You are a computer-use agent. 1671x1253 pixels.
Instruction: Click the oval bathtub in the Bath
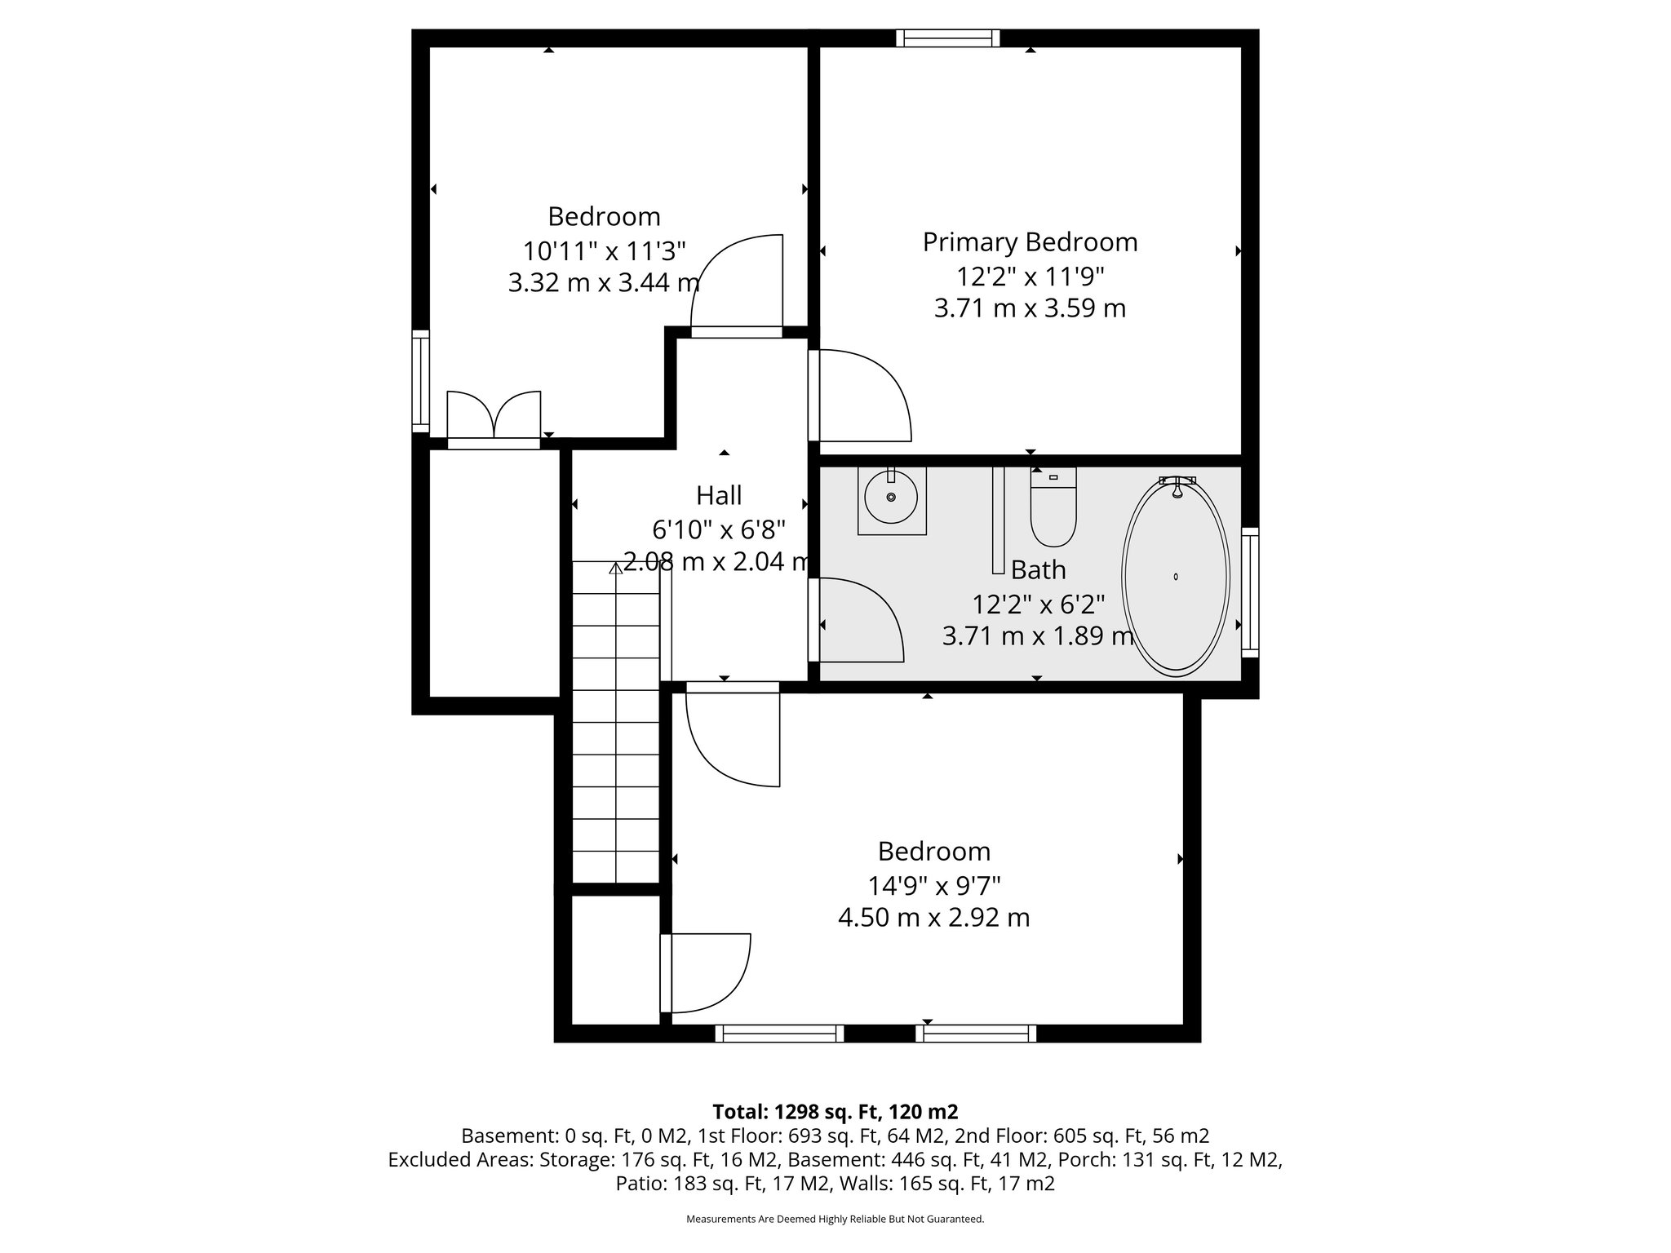click(1175, 577)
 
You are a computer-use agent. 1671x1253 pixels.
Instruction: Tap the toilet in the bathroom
click(1053, 511)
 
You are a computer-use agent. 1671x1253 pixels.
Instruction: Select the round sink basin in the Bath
click(891, 497)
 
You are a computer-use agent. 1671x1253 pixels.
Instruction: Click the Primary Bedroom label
click(1030, 242)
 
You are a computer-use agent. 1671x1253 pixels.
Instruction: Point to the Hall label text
click(719, 495)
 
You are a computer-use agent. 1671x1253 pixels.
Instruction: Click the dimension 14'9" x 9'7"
click(934, 884)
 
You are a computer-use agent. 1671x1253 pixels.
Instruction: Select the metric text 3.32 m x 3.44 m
click(604, 283)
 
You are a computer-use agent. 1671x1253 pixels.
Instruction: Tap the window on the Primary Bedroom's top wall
click(947, 38)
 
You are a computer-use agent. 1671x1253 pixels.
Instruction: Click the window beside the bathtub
click(1249, 591)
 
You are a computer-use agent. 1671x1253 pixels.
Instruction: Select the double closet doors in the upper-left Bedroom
click(494, 418)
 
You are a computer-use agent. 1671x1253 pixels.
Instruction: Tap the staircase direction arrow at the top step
click(616, 568)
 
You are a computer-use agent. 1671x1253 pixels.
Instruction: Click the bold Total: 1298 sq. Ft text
click(835, 1112)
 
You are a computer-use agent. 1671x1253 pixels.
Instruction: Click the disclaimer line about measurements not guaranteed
click(835, 1220)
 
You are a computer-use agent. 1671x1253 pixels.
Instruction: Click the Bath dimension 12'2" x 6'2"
click(1038, 604)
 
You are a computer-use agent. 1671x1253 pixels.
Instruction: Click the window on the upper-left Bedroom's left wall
click(420, 381)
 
